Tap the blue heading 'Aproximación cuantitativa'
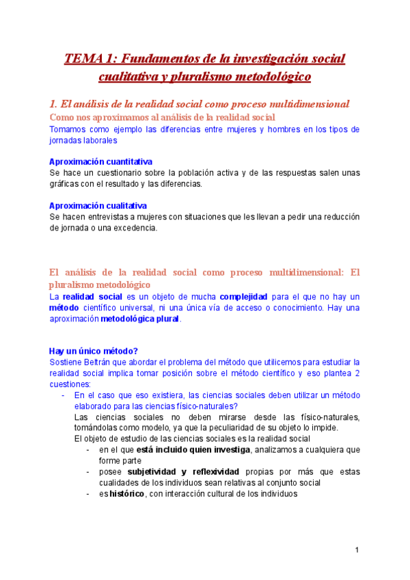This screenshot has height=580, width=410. coord(100,161)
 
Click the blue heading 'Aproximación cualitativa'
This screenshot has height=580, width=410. coord(98,205)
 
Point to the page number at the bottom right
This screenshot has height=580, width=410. coord(357,550)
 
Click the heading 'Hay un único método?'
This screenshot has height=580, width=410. coord(94,351)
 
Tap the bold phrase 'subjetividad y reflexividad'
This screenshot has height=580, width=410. coord(183,471)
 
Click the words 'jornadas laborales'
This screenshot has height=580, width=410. coord(83,140)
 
